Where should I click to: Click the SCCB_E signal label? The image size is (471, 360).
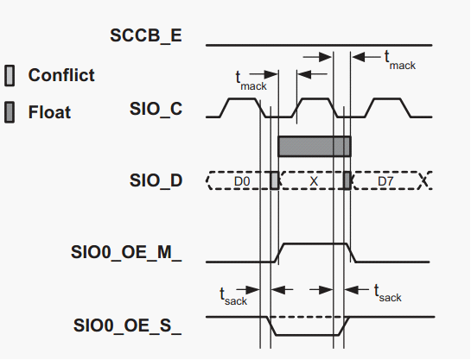pyautogui.click(x=146, y=35)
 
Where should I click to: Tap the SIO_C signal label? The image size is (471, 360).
pyautogui.click(x=156, y=109)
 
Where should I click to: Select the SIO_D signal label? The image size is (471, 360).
pyautogui.click(x=156, y=180)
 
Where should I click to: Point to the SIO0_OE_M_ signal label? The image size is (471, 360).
pyautogui.click(x=126, y=252)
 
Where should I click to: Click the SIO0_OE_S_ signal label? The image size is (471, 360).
pyautogui.click(x=127, y=325)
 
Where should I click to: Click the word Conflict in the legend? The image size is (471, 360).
pyautogui.click(x=61, y=75)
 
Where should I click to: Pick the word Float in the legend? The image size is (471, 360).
pyautogui.click(x=49, y=112)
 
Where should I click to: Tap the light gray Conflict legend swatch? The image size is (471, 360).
pyautogui.click(x=10, y=75)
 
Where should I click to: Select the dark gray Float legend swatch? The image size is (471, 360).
pyautogui.click(x=10, y=112)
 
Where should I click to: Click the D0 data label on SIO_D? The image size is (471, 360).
pyautogui.click(x=242, y=181)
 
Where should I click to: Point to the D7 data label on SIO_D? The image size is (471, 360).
pyautogui.click(x=385, y=181)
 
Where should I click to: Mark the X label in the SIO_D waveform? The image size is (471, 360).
pyautogui.click(x=314, y=181)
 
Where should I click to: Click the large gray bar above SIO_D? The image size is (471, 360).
pyautogui.click(x=315, y=147)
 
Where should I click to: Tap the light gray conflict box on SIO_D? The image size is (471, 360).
pyautogui.click(x=275, y=180)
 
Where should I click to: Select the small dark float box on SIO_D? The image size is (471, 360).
pyautogui.click(x=347, y=180)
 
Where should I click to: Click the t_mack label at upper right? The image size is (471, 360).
pyautogui.click(x=400, y=60)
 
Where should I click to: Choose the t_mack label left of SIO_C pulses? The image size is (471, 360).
pyautogui.click(x=251, y=81)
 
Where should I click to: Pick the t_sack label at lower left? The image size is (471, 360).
pyautogui.click(x=233, y=296)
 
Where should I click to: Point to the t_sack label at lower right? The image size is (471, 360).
pyautogui.click(x=387, y=294)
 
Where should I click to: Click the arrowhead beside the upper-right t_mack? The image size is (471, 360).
pyautogui.click(x=358, y=57)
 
